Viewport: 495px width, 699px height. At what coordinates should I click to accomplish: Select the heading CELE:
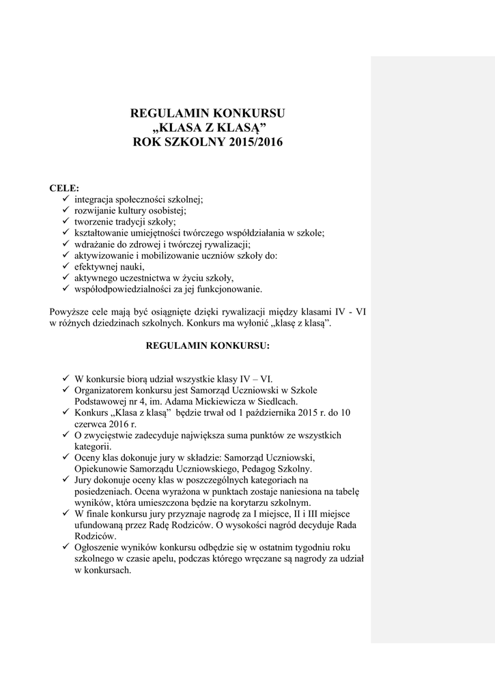(64, 188)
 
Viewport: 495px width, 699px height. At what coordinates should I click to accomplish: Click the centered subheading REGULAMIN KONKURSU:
(208, 345)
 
